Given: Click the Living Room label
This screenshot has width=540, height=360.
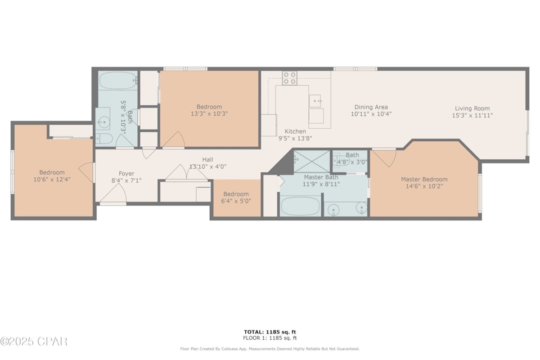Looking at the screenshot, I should (472, 108).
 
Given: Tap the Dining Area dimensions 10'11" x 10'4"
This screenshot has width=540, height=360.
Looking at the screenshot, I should (371, 114).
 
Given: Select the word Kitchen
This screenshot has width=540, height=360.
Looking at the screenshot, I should (295, 131).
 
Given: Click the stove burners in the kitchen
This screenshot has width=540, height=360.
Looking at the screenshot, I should (290, 78).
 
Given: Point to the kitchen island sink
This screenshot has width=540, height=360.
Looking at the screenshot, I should (316, 100).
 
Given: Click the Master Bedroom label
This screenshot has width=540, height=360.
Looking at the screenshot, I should (424, 179).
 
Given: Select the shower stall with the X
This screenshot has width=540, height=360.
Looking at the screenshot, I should (311, 159).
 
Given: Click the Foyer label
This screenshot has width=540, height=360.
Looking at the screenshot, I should (126, 173).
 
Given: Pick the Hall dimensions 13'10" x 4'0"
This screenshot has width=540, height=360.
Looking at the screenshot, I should (207, 166).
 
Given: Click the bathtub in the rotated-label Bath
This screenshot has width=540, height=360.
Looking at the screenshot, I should (117, 80).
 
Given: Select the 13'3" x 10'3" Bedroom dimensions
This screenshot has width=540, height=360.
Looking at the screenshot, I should (209, 114).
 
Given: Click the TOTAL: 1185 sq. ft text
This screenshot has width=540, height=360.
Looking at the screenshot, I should (270, 332).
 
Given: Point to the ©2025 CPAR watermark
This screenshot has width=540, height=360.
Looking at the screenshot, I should (34, 342).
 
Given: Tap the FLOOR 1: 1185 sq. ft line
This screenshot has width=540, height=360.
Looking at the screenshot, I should (270, 338).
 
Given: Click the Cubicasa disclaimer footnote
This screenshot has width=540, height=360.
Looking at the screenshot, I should (270, 349).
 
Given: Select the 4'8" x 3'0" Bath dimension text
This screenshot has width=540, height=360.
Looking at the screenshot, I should (352, 162).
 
